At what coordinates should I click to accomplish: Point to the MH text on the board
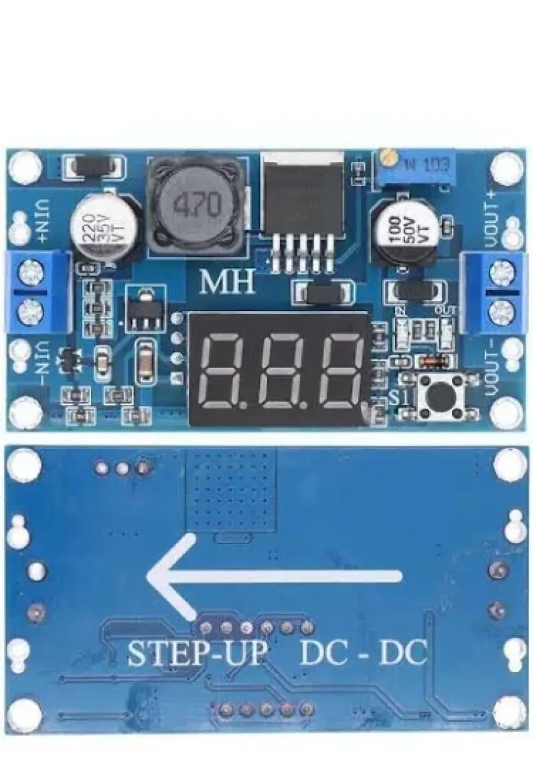click(228, 282)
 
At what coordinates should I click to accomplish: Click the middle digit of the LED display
click(285, 371)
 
